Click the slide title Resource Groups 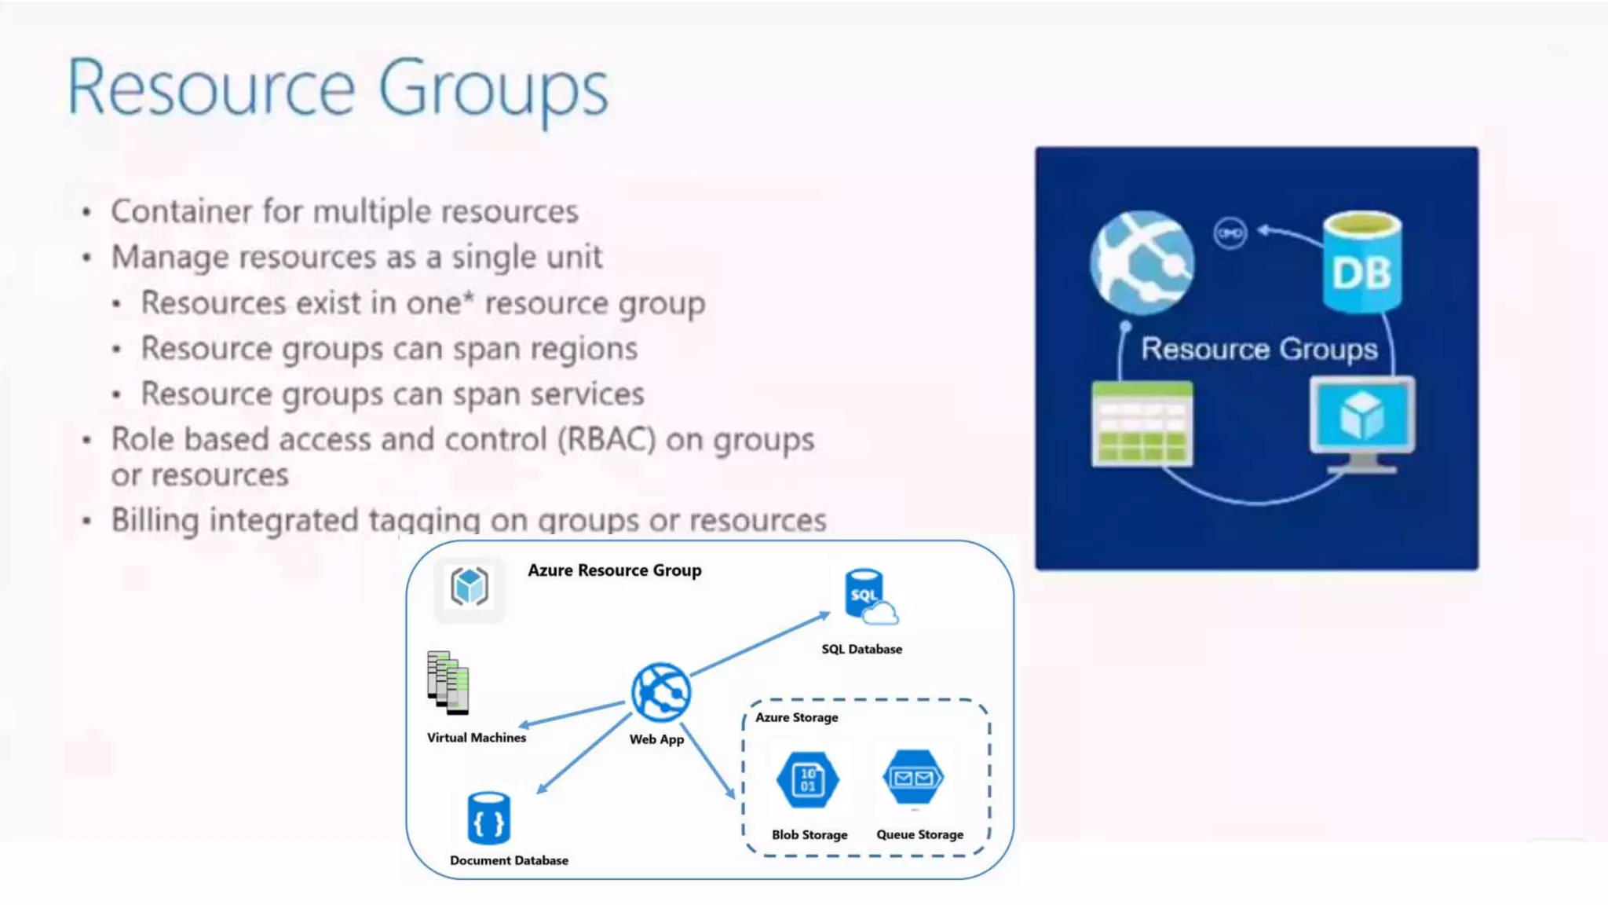coord(338,89)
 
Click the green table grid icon coord(1142,424)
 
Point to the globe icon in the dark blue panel coord(1142,262)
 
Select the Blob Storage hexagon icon coord(808,779)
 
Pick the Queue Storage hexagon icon coord(913,778)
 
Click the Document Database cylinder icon coord(488,819)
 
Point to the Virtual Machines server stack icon coord(448,683)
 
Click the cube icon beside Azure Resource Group coord(470,588)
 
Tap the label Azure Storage coord(796,717)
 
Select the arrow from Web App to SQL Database coord(760,644)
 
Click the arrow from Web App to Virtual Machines coord(572,714)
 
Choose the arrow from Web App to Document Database coord(584,753)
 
